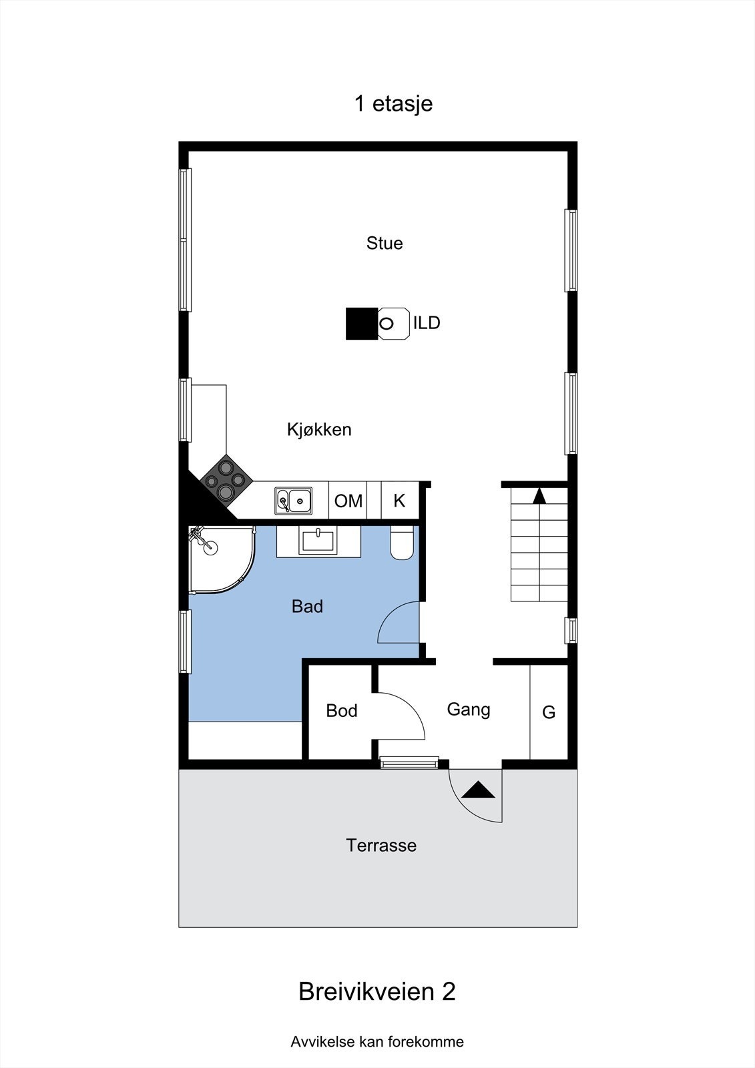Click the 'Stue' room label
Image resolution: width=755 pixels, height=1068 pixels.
tap(385, 243)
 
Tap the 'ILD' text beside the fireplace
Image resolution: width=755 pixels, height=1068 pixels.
tap(427, 323)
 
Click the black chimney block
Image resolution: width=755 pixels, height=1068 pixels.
tap(361, 324)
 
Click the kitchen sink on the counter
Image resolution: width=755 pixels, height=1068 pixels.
tap(294, 500)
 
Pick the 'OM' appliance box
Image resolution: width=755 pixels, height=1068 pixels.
tap(348, 501)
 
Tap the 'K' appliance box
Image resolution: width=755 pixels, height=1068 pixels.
tap(399, 501)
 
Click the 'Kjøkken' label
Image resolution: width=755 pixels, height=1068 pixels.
tap(319, 429)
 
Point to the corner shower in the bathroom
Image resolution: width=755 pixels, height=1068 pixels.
tap(219, 557)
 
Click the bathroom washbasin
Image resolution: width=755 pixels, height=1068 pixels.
tap(319, 539)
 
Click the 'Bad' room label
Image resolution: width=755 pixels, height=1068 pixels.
tap(307, 606)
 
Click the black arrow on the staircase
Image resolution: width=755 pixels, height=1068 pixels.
tap(539, 496)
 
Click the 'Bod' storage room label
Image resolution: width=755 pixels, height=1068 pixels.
tap(342, 711)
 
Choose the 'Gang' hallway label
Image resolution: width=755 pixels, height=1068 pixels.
tap(468, 709)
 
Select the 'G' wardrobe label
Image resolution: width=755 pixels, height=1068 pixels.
tap(549, 712)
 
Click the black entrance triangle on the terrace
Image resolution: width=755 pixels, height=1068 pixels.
tap(479, 790)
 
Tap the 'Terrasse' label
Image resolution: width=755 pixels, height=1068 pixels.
tap(381, 845)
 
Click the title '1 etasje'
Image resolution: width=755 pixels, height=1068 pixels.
tap(393, 103)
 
